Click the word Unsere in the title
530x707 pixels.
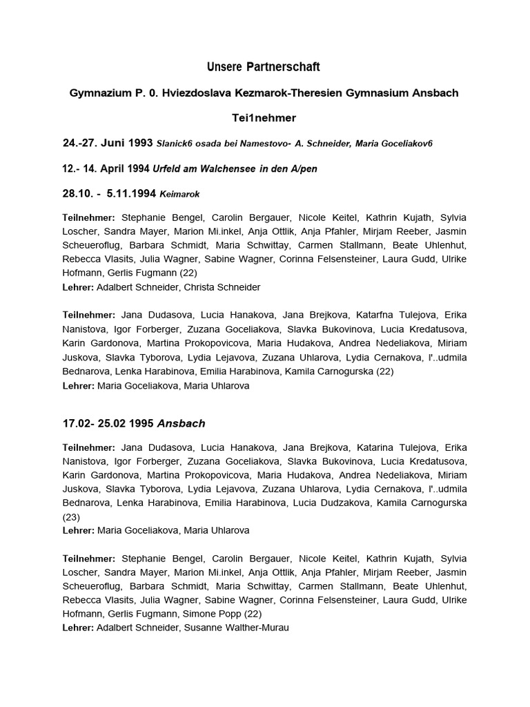click(223, 67)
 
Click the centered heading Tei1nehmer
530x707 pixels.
click(264, 118)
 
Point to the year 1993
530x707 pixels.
click(139, 143)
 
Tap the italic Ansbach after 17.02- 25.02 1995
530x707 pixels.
click(181, 423)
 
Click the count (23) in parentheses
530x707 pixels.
click(72, 516)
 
